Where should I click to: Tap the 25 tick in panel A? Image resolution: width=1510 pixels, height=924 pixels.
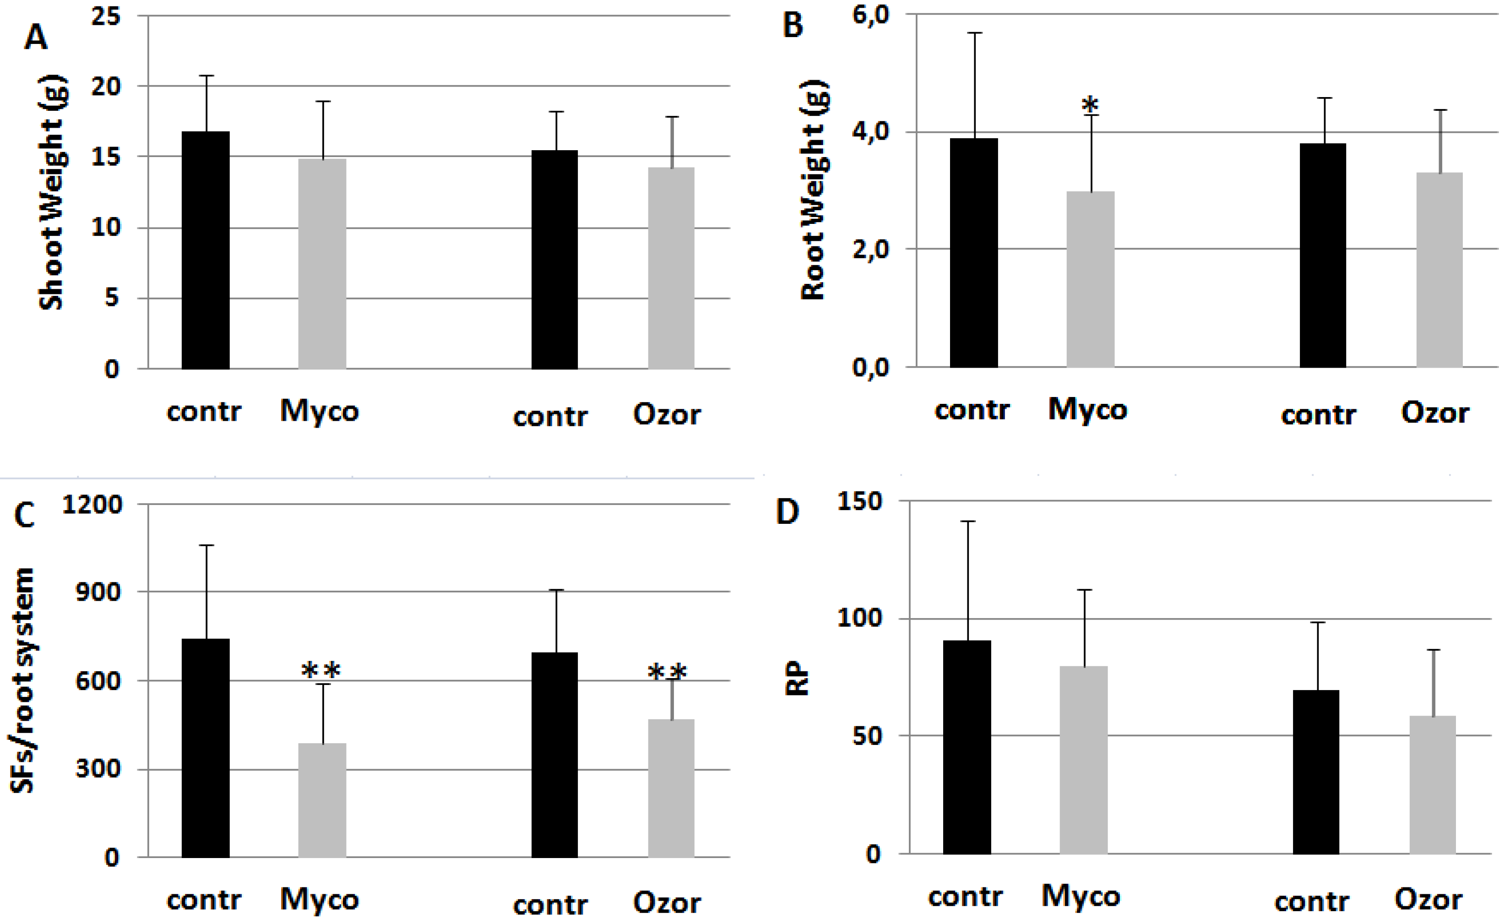[106, 16]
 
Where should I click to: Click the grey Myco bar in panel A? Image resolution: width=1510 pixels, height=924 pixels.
[322, 263]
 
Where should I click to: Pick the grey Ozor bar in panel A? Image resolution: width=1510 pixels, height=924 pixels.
[671, 268]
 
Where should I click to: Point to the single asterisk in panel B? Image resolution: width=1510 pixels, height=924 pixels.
[1090, 105]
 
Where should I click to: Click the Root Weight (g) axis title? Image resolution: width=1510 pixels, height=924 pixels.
[815, 190]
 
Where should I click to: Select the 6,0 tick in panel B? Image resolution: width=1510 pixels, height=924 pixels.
[870, 15]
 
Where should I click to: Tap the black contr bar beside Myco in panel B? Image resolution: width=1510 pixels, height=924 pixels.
[974, 252]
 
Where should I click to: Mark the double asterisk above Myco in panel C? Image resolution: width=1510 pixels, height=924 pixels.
[320, 671]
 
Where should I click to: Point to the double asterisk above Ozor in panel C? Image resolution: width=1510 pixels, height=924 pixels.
[668, 673]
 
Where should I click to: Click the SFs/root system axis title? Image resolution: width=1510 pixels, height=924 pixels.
[23, 680]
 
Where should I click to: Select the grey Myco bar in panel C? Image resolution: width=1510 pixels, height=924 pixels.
[322, 799]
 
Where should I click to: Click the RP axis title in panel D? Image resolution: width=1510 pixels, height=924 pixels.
[797, 678]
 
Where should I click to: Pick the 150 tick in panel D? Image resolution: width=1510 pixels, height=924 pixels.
[860, 501]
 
